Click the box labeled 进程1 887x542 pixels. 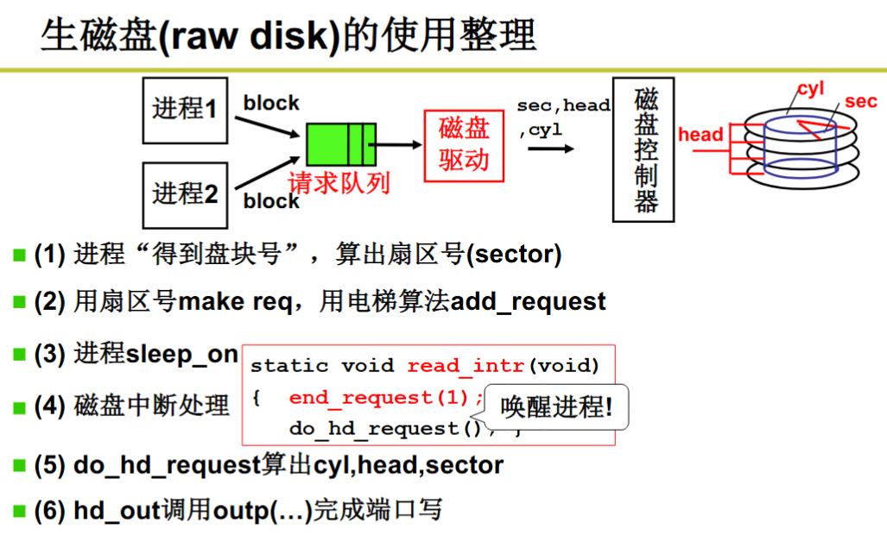185,110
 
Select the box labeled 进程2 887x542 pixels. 185,196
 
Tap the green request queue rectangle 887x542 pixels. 341,145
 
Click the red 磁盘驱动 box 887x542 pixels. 464,146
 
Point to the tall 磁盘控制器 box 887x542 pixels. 643,150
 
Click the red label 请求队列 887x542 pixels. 339,183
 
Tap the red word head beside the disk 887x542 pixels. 700,135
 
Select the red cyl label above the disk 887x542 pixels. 811,89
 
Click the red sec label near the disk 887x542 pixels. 860,101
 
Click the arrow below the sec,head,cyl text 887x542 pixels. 551,148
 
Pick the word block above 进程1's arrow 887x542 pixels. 271,103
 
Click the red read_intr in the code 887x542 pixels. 466,366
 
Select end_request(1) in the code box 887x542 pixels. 378,398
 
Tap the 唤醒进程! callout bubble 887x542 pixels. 556,406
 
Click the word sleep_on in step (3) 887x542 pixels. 181,355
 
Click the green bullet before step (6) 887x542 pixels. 19,511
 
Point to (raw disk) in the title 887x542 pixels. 250,36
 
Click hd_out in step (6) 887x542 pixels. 117,511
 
